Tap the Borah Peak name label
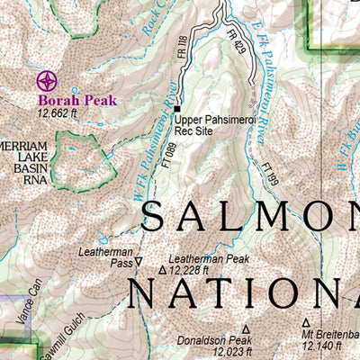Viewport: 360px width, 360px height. (77, 101)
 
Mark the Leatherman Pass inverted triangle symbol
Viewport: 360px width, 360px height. (139, 262)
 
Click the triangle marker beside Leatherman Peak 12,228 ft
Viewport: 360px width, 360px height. (162, 269)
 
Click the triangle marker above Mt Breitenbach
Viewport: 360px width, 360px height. (305, 322)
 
